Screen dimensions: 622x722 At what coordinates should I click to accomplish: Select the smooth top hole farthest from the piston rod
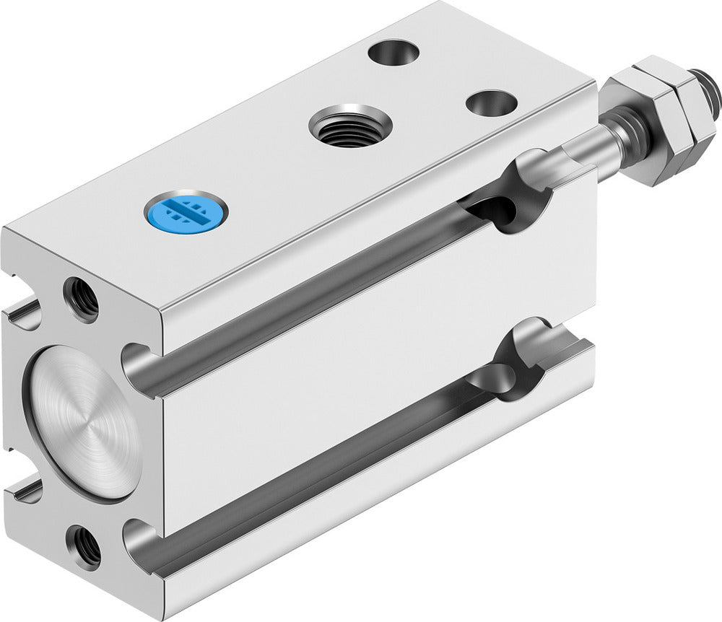tap(393, 53)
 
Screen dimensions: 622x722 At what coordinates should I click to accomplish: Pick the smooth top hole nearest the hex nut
tap(491, 102)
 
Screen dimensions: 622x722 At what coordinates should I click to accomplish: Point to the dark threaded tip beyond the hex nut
tap(708, 82)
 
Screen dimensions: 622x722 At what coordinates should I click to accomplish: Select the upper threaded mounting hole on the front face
tap(81, 299)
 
